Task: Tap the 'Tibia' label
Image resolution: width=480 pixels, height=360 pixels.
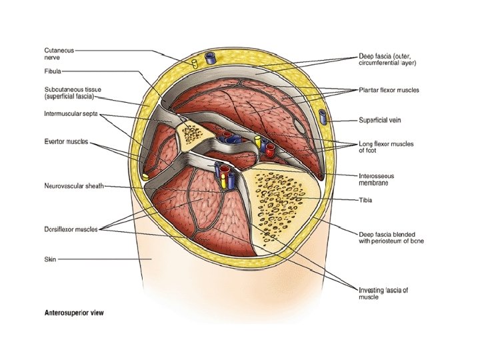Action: (x=365, y=199)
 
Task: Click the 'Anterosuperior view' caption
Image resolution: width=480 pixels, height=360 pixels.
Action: (x=74, y=312)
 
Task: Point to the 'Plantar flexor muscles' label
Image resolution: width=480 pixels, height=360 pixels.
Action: (x=391, y=89)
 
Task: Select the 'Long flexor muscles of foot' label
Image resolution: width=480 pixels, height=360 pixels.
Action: (x=386, y=147)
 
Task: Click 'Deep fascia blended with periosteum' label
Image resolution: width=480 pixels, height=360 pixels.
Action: (x=391, y=237)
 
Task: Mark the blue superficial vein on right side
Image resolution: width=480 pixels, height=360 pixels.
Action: (x=323, y=117)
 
